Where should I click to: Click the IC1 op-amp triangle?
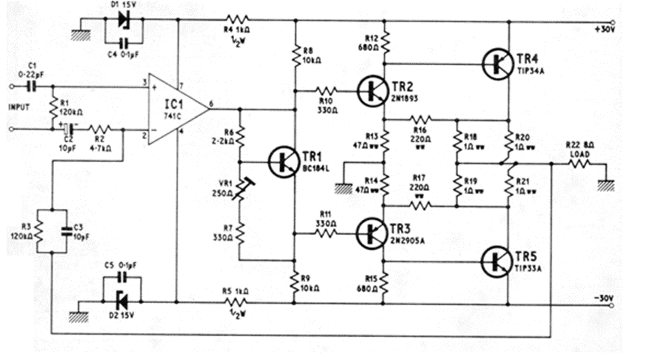click(176, 105)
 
